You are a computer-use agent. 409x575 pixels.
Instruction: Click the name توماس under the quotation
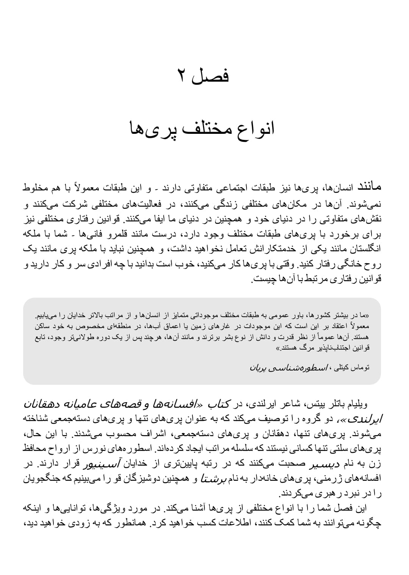360,367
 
